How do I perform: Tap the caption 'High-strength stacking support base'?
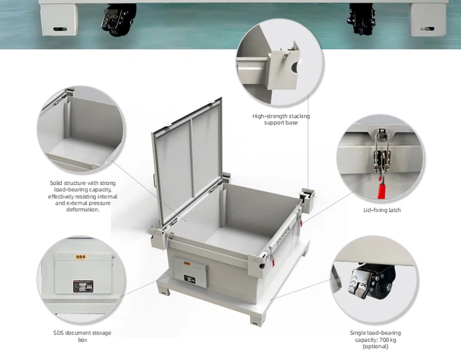click(281, 119)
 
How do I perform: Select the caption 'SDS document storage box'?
click(74, 336)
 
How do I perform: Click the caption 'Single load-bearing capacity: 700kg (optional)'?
click(375, 339)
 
